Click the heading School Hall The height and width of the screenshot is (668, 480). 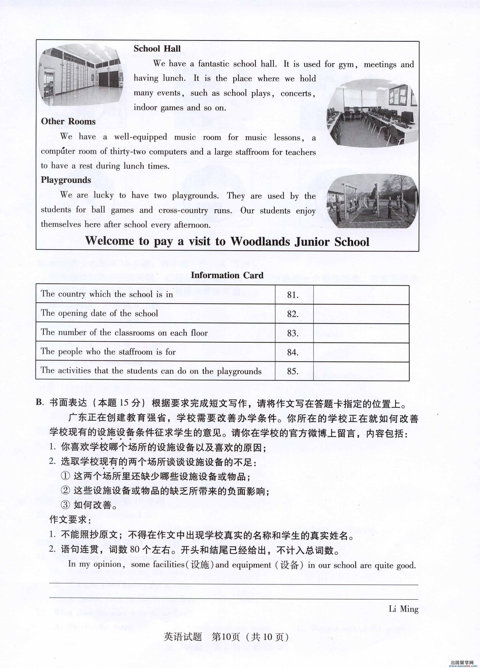click(x=157, y=48)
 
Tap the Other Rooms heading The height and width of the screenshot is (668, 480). click(x=68, y=121)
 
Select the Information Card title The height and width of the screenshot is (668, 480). click(x=227, y=275)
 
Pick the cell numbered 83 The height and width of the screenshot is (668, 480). click(x=293, y=333)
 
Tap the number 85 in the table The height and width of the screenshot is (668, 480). click(x=293, y=371)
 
